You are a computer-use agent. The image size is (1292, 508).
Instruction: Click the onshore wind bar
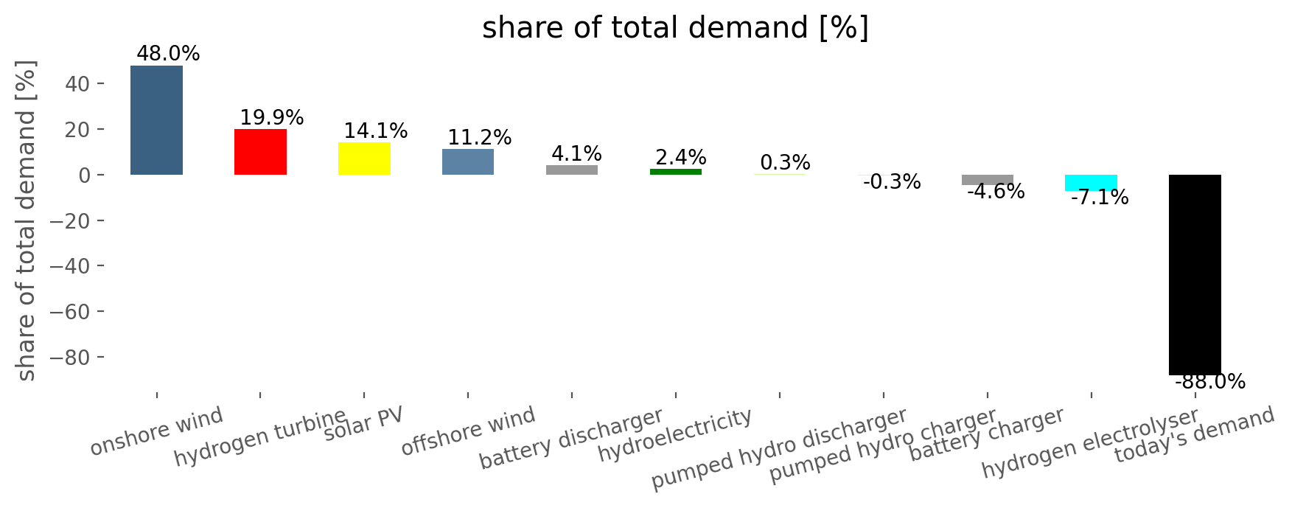pos(156,120)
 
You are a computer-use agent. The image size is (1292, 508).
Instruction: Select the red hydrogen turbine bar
pos(260,152)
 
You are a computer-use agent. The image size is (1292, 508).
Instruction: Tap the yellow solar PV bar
pos(364,159)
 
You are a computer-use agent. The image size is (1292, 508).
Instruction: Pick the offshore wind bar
pos(468,162)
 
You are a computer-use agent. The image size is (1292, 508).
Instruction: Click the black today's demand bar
pos(1195,275)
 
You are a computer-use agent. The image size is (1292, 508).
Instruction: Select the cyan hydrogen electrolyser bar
pos(1091,183)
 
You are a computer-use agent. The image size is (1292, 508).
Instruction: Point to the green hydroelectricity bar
pos(676,172)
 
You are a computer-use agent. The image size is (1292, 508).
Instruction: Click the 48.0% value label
pos(168,54)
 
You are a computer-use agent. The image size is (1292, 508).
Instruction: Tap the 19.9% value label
pos(272,118)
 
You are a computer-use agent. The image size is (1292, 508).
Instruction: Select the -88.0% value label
pos(1210,382)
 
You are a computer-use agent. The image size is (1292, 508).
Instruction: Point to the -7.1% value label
pos(1100,198)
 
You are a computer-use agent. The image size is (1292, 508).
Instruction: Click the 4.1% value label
pos(577,154)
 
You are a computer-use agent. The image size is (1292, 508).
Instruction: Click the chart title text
pos(676,28)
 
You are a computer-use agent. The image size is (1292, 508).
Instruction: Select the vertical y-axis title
pos(27,220)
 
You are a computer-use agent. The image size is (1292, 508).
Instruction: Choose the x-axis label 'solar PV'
pos(364,424)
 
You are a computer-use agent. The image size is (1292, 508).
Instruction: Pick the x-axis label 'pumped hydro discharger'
pos(779,449)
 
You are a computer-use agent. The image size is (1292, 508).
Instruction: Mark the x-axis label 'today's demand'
pos(1195,436)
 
